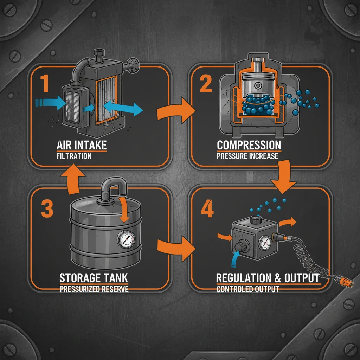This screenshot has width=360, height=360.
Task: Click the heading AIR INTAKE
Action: [x=81, y=145]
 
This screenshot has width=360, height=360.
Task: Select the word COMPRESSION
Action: [x=249, y=145]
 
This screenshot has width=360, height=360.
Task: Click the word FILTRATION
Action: [x=74, y=156]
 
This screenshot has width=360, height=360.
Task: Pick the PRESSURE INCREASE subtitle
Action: [x=247, y=156]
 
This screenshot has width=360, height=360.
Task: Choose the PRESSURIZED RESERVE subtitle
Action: [x=94, y=289]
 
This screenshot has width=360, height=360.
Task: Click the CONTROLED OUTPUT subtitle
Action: [x=247, y=289]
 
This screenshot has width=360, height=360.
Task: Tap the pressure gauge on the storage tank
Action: [x=126, y=240]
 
